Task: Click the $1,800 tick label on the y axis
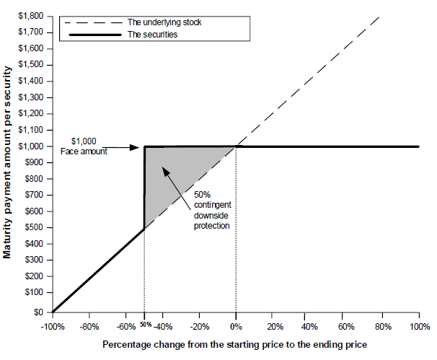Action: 31,16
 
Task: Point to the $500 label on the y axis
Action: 35,227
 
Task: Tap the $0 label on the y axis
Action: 38,312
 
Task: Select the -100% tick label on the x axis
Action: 53,327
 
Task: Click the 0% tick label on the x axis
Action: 236,327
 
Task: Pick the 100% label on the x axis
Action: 420,327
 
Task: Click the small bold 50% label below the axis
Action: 146,325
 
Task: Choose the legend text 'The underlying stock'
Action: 164,22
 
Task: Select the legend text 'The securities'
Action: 152,35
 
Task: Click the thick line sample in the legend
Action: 95,35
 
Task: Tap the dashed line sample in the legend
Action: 93,23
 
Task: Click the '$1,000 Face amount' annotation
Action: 84,146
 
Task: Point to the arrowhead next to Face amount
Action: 135,147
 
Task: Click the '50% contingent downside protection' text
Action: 212,210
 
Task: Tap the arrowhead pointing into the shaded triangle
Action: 166,171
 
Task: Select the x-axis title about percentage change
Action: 234,344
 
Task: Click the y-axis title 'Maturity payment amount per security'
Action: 7,162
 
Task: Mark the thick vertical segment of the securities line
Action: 144,188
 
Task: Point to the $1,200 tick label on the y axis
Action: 31,113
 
